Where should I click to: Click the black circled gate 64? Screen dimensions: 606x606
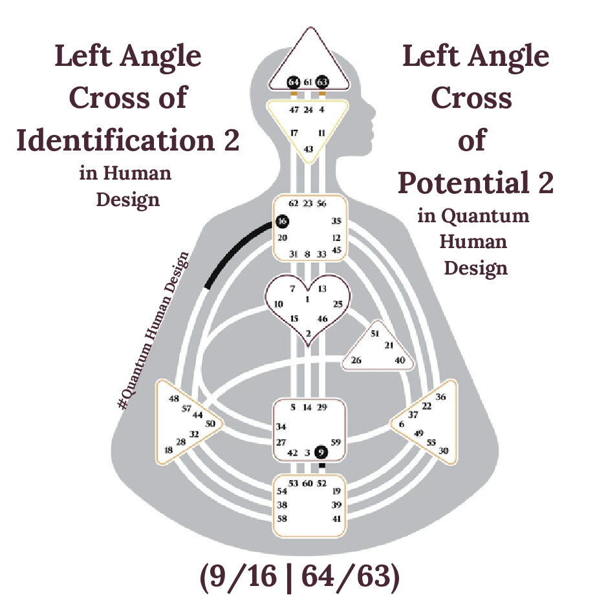click(294, 82)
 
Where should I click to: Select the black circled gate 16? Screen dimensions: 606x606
click(281, 221)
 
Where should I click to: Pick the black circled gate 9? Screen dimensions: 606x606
click(321, 452)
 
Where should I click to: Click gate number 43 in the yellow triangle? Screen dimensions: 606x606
click(308, 149)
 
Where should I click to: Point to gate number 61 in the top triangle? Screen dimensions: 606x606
click(308, 82)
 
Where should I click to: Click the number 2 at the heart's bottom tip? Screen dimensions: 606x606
click(308, 333)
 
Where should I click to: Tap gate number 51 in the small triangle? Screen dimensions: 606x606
click(374, 333)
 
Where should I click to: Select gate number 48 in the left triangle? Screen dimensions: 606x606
click(173, 399)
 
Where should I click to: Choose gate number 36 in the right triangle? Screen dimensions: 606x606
click(441, 397)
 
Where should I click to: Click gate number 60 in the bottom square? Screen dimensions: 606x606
click(308, 483)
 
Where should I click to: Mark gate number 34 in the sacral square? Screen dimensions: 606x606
click(281, 426)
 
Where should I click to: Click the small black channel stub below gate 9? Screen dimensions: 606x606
click(322, 465)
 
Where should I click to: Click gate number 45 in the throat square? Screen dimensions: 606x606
click(336, 250)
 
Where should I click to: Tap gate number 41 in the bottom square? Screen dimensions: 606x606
click(336, 518)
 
